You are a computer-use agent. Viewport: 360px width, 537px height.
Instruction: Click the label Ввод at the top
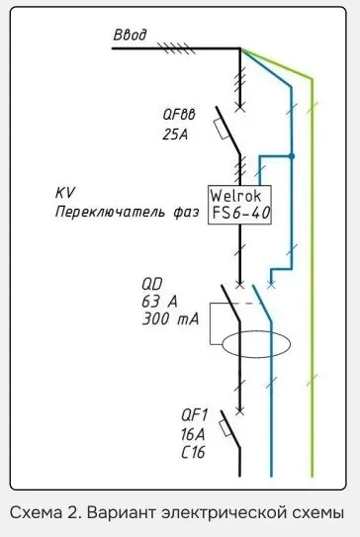(x=130, y=36)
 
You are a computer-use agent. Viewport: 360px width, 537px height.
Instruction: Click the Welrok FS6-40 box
(x=240, y=205)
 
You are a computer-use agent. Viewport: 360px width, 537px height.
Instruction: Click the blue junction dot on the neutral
(x=293, y=156)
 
